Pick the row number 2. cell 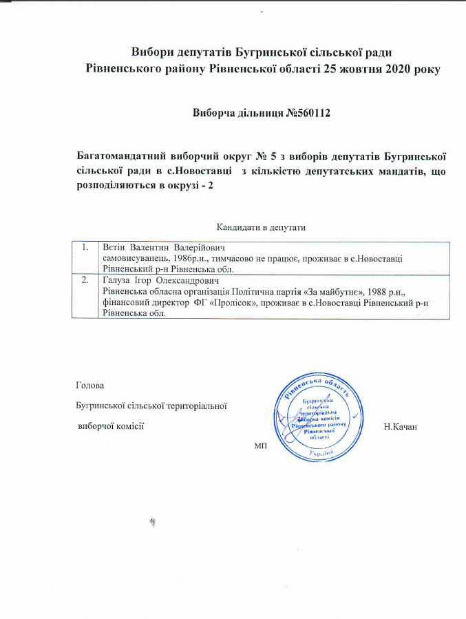coord(85,281)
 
